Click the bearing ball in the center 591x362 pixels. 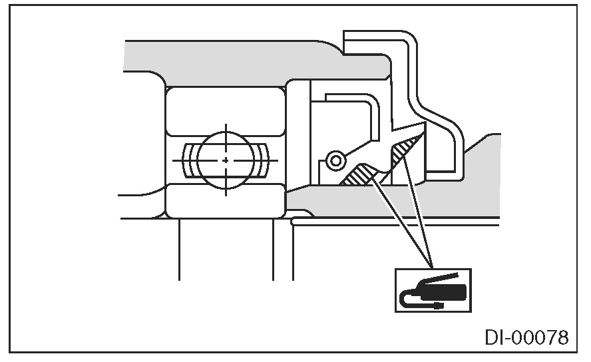coord(226,160)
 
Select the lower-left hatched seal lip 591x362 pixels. coord(360,174)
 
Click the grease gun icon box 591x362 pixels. coord(433,289)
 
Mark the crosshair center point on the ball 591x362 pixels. coord(226,160)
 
